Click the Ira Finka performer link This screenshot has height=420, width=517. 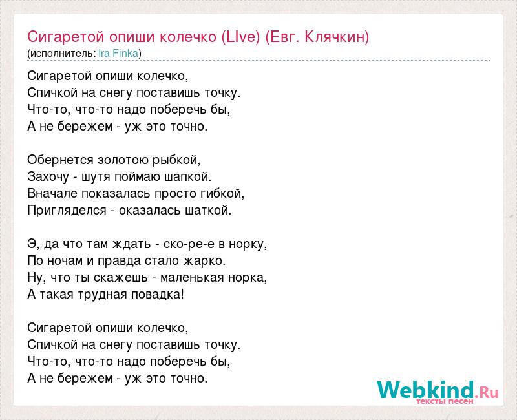118,54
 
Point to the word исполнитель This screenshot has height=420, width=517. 61,54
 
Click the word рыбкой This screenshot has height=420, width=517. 176,160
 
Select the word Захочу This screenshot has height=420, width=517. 48,177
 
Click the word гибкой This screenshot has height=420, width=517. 222,193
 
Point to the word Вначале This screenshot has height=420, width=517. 53,193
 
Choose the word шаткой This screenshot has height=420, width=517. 208,211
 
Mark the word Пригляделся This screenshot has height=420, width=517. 67,211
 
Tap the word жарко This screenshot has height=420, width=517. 204,261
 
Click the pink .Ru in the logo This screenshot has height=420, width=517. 487,392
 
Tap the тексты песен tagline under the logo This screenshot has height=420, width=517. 445,401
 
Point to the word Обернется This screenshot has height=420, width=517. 60,160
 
